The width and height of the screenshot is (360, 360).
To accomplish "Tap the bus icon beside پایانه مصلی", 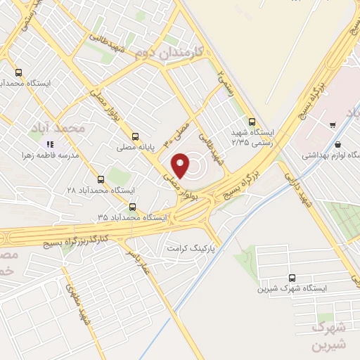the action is pyautogui.click(x=135, y=137).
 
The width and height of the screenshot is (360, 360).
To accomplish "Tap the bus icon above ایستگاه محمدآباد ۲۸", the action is pyautogui.click(x=101, y=179).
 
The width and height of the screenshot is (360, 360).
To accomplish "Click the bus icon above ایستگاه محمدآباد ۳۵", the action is pyautogui.click(x=133, y=206).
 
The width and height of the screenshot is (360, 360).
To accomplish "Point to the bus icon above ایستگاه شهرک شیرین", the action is pyautogui.click(x=291, y=278).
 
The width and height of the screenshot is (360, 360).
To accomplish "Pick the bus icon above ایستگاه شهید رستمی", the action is pyautogui.click(x=252, y=120).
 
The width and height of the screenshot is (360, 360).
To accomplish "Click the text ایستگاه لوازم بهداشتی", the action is pyautogui.click(x=331, y=153).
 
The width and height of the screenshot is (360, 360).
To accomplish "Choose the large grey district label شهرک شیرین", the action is pyautogui.click(x=330, y=337).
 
